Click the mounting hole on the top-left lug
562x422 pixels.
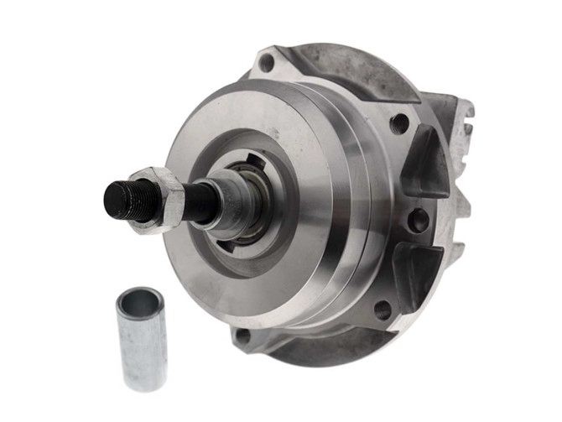pos(267,62)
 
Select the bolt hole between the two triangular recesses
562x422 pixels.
pos(417,221)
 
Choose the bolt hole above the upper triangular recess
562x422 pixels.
pos(400,123)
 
